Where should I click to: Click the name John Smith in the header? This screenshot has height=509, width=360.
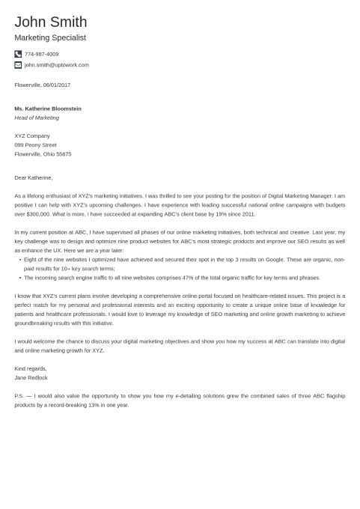pyautogui.click(x=50, y=22)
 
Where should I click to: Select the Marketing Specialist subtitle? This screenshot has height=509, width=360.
pyautogui.click(x=50, y=37)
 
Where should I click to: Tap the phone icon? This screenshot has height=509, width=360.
pyautogui.click(x=18, y=54)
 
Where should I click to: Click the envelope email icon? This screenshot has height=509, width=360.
pyautogui.click(x=18, y=65)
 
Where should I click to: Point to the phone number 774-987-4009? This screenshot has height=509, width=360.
pyautogui.click(x=41, y=54)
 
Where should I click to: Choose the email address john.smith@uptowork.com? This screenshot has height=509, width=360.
pyautogui.click(x=56, y=65)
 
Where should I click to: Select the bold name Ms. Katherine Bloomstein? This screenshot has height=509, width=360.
pyautogui.click(x=48, y=109)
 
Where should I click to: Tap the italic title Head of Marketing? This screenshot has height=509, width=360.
pyautogui.click(x=37, y=118)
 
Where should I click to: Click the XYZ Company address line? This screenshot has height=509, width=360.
pyautogui.click(x=32, y=135)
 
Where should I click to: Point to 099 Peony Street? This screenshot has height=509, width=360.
pyautogui.click(x=35, y=144)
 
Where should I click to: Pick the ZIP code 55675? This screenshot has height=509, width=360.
pyautogui.click(x=63, y=153)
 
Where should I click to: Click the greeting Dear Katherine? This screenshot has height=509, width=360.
pyautogui.click(x=34, y=177)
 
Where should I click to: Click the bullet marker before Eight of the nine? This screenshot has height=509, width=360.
pyautogui.click(x=19, y=259)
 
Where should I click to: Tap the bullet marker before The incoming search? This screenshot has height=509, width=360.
pyautogui.click(x=19, y=277)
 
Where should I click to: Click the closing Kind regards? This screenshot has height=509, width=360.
pyautogui.click(x=31, y=368)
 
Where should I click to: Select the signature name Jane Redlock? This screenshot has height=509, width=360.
pyautogui.click(x=31, y=377)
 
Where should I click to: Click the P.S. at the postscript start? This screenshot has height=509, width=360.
pyautogui.click(x=19, y=395)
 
